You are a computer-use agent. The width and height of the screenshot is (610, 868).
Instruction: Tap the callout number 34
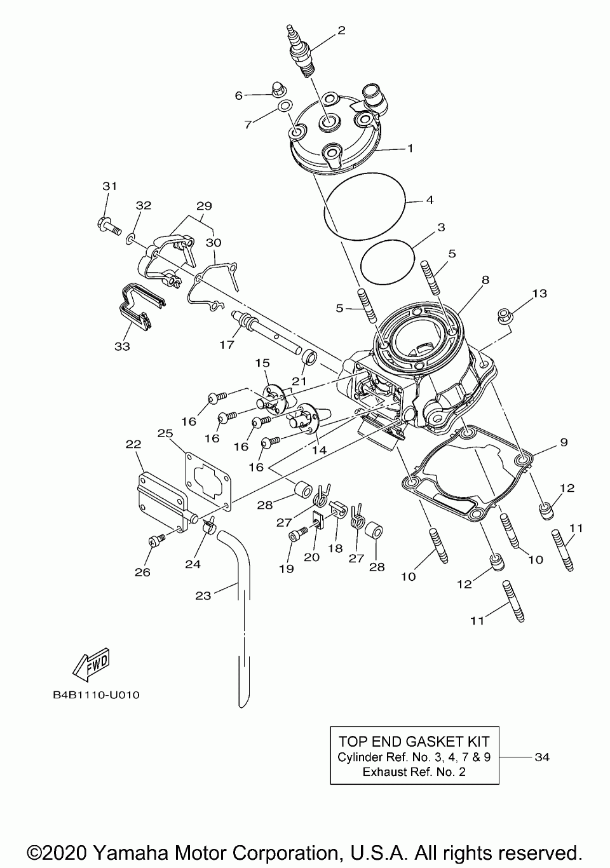[542, 757]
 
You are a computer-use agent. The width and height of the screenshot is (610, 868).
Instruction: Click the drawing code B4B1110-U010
[97, 695]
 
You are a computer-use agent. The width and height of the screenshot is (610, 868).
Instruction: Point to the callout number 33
[122, 346]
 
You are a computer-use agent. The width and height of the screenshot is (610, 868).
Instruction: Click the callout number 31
[110, 186]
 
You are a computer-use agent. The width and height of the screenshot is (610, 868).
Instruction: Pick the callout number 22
[133, 445]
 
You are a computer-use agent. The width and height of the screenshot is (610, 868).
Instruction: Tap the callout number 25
[165, 433]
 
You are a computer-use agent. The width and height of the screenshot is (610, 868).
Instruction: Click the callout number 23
[203, 596]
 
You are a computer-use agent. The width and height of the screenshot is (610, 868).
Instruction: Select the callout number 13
[539, 294]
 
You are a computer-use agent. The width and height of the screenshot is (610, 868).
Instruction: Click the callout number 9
[564, 442]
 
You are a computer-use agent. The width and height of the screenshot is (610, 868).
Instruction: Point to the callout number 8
[485, 279]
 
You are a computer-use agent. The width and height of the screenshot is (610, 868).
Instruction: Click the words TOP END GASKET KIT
[414, 742]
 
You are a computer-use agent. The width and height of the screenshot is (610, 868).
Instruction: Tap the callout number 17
[227, 345]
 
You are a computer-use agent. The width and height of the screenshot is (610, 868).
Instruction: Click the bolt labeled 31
[109, 225]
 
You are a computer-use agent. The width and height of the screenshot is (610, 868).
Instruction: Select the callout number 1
[410, 149]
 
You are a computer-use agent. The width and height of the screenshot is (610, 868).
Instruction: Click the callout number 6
[239, 95]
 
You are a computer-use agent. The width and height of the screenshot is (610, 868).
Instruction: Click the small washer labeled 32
[130, 238]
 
